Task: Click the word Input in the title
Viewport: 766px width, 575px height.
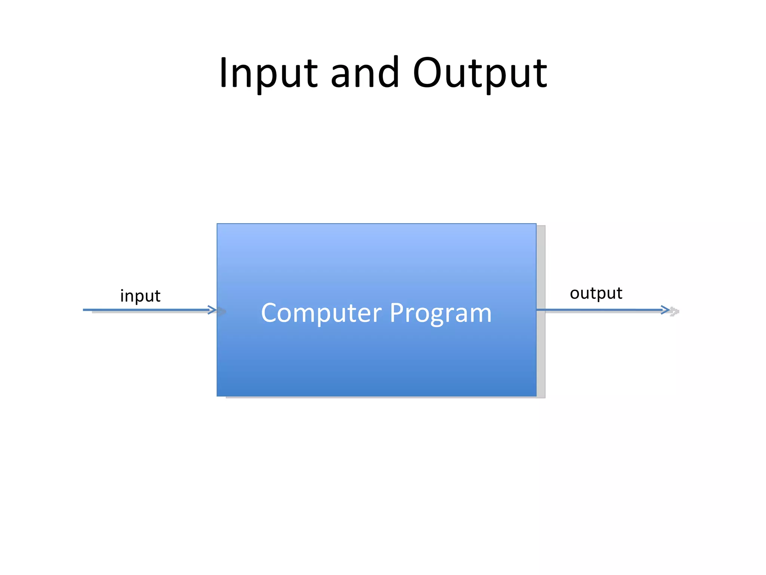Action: (x=268, y=73)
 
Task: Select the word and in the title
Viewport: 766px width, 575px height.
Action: (x=365, y=73)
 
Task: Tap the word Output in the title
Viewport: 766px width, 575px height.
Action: (x=480, y=73)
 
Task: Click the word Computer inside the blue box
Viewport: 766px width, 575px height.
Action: (x=321, y=313)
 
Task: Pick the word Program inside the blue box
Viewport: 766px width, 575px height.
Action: (x=440, y=313)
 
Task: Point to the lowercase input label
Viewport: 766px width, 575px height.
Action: (x=140, y=296)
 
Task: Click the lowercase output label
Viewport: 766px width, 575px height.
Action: (x=595, y=293)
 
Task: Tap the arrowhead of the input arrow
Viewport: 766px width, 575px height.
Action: (x=213, y=310)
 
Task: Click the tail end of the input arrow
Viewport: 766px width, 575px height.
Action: (x=85, y=310)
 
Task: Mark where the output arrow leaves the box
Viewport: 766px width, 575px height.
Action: (x=537, y=310)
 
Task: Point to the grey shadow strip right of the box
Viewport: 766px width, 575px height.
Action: (x=541, y=311)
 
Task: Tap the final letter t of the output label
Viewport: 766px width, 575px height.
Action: (x=619, y=293)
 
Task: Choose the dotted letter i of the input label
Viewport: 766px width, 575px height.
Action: (x=122, y=296)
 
